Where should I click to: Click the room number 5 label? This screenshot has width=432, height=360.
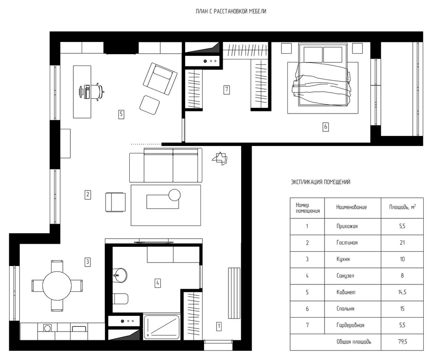point(121,114)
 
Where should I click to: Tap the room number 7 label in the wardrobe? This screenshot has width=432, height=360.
point(226,89)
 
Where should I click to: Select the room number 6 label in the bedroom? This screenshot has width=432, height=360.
point(326,127)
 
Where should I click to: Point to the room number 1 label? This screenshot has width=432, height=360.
point(219,326)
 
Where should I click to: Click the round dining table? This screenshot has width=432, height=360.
point(57,286)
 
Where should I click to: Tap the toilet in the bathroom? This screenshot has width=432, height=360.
point(121,299)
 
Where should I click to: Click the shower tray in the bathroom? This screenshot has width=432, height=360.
point(162,326)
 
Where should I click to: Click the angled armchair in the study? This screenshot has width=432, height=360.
point(160,79)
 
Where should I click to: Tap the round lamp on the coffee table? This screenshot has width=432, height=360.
point(174,195)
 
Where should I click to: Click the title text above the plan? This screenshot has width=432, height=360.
point(231,11)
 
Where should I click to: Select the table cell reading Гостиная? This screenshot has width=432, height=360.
point(347,242)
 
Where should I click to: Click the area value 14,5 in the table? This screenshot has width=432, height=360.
point(402,292)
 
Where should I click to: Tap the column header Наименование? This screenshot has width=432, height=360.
point(351,207)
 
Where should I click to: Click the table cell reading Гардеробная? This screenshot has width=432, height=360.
point(350,325)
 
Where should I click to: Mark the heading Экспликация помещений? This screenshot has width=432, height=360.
point(321,182)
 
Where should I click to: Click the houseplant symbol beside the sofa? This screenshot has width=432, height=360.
point(220,159)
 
